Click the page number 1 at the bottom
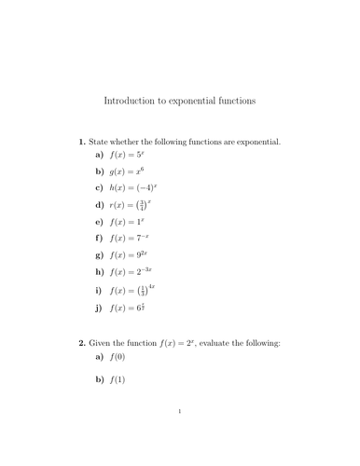tap(179, 436)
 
